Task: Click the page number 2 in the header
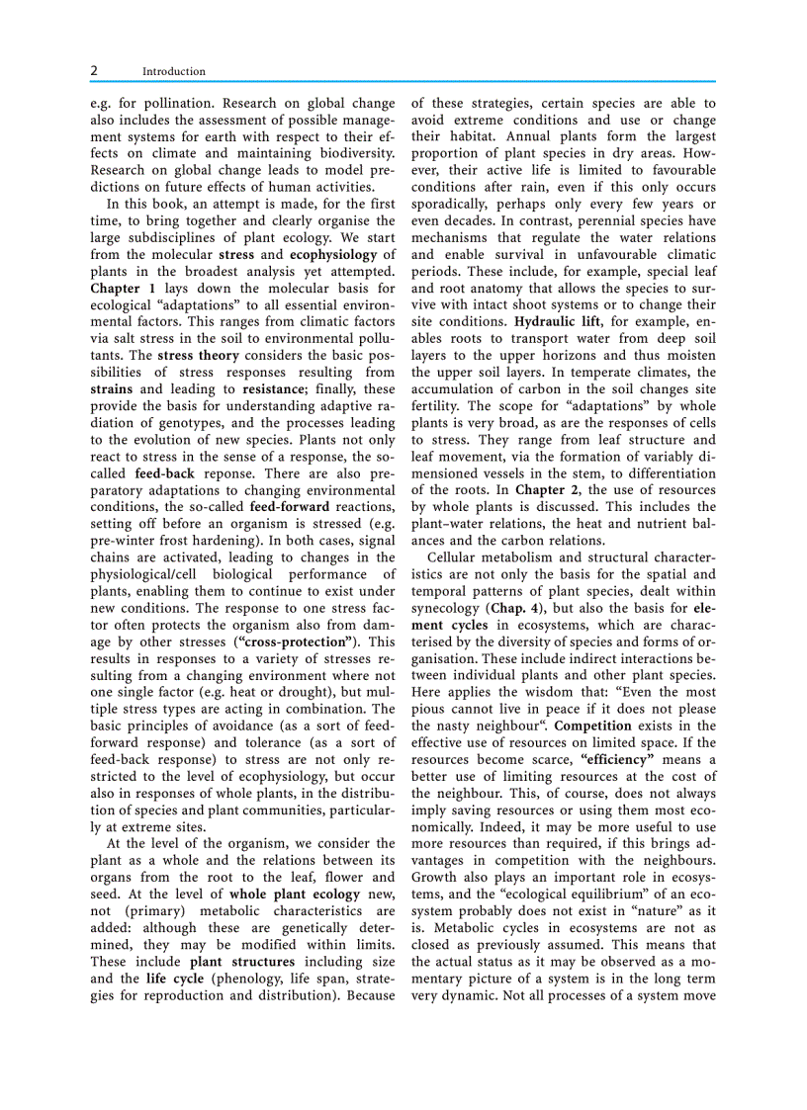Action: pyautogui.click(x=94, y=71)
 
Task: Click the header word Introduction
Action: pyautogui.click(x=174, y=71)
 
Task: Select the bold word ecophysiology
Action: pyautogui.click(x=335, y=254)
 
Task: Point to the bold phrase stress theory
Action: pyautogui.click(x=198, y=355)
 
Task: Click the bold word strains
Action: pyautogui.click(x=112, y=388)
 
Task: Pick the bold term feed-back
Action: pyautogui.click(x=164, y=472)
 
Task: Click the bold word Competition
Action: pyautogui.click(x=592, y=725)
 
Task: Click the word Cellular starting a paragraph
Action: pyautogui.click(x=457, y=556)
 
